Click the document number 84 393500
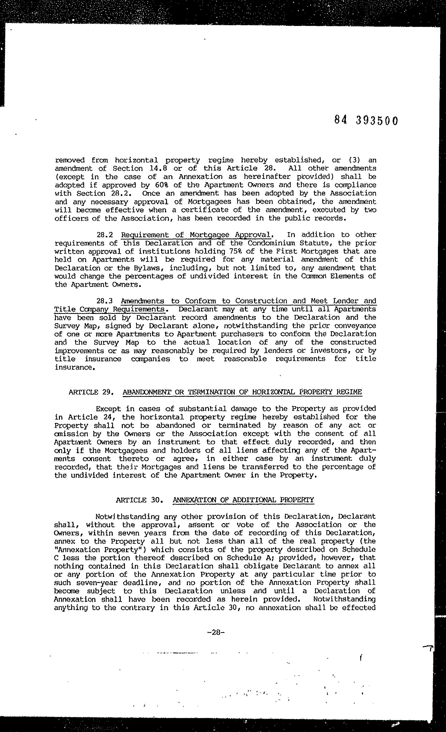click(366, 120)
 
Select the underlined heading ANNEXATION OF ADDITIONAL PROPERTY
click(243, 500)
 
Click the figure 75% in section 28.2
click(236, 251)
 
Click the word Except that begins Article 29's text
click(108, 409)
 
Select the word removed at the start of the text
click(69, 160)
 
